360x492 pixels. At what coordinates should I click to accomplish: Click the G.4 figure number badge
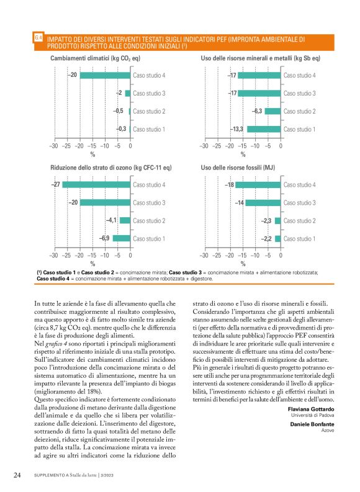tap(38, 38)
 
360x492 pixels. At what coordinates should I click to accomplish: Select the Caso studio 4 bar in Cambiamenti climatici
tap(104, 76)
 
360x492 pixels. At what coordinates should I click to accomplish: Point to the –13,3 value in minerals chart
tap(237, 129)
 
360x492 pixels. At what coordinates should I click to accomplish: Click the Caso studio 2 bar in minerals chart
tap(273, 111)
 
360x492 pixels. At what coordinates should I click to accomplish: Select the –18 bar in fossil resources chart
tap(258, 185)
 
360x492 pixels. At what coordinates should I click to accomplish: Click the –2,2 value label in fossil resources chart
tap(266, 239)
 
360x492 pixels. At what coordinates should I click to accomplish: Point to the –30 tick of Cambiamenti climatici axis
tap(53, 146)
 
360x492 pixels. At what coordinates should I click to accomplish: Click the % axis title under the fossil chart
tap(243, 263)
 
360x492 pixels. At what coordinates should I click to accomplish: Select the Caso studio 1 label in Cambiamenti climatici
tap(149, 129)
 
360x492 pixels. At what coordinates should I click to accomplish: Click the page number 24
tap(18, 475)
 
